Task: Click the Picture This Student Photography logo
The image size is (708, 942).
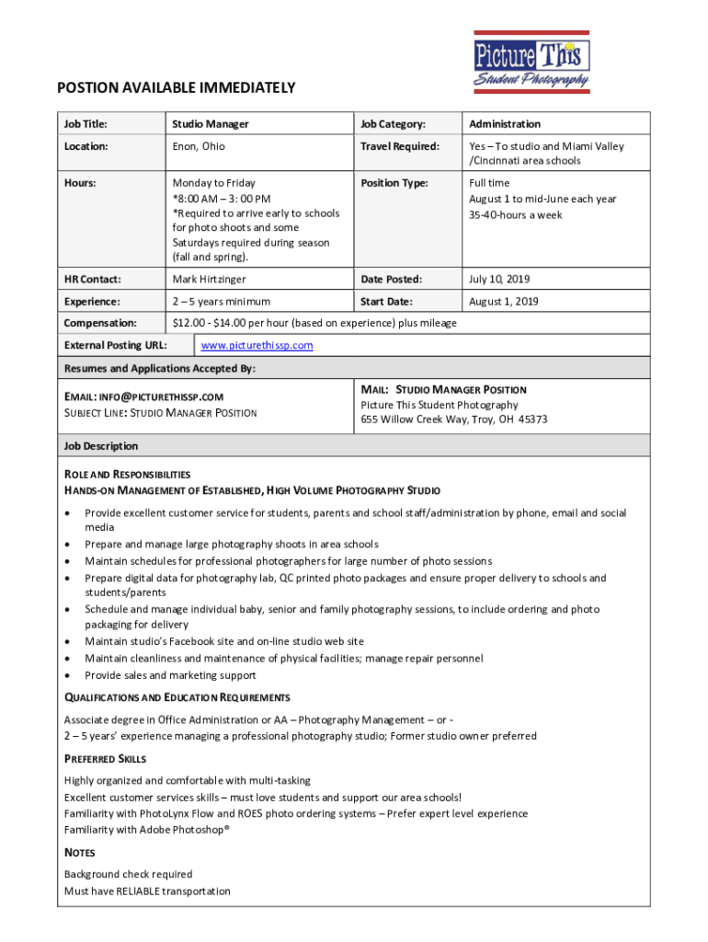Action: pos(531,61)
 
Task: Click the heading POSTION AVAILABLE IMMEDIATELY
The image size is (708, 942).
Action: pos(177,88)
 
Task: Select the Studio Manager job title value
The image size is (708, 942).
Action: pos(211,124)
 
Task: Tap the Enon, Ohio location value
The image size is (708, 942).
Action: pos(199,146)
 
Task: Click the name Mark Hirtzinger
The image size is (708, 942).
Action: pos(209,279)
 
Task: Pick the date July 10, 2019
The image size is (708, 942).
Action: pos(499,279)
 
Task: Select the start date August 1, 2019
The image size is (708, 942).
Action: pos(503,302)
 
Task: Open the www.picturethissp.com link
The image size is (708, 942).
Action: pos(257,346)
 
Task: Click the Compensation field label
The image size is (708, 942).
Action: pos(100,324)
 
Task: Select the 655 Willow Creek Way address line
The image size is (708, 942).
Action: pos(454,419)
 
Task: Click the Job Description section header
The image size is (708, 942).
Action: pos(101,446)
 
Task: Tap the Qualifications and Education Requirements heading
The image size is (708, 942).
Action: pos(177,697)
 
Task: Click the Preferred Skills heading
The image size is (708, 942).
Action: pos(106,759)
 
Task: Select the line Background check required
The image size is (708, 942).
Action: pos(129,874)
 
